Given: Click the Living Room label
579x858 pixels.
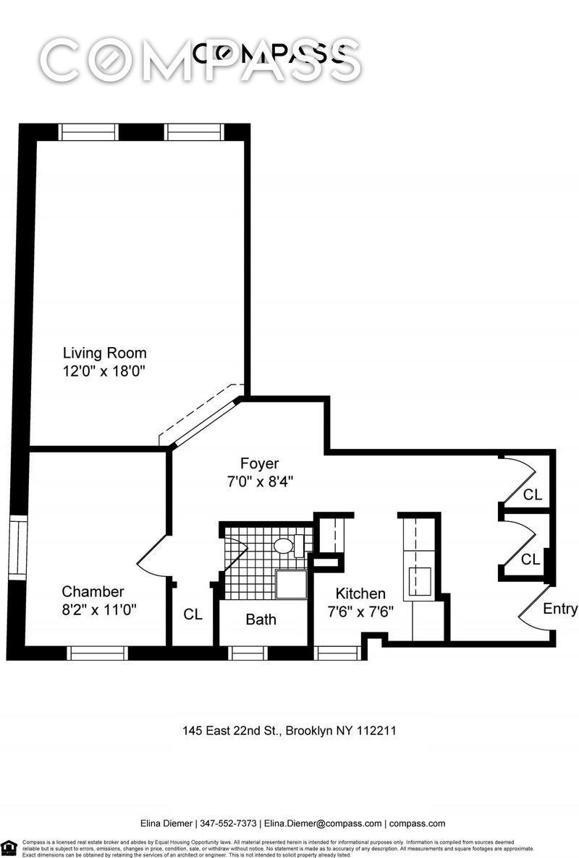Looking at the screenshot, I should point(104,353).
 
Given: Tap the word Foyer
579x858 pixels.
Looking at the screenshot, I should point(259,463).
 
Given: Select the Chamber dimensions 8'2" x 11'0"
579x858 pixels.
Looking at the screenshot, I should point(99,609).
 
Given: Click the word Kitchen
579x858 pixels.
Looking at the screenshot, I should point(360,593).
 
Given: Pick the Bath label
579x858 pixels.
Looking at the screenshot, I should point(261,619).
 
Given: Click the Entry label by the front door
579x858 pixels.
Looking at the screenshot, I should point(559,609).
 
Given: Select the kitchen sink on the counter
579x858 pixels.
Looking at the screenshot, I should point(420,580).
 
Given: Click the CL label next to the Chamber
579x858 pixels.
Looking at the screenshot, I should point(193,614).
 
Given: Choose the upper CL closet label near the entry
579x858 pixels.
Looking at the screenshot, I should point(532,495).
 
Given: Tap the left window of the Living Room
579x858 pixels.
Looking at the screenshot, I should point(88,132).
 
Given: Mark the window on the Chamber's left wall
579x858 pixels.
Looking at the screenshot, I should point(16,547).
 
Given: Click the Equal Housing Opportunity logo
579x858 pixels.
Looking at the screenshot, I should point(9,847).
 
